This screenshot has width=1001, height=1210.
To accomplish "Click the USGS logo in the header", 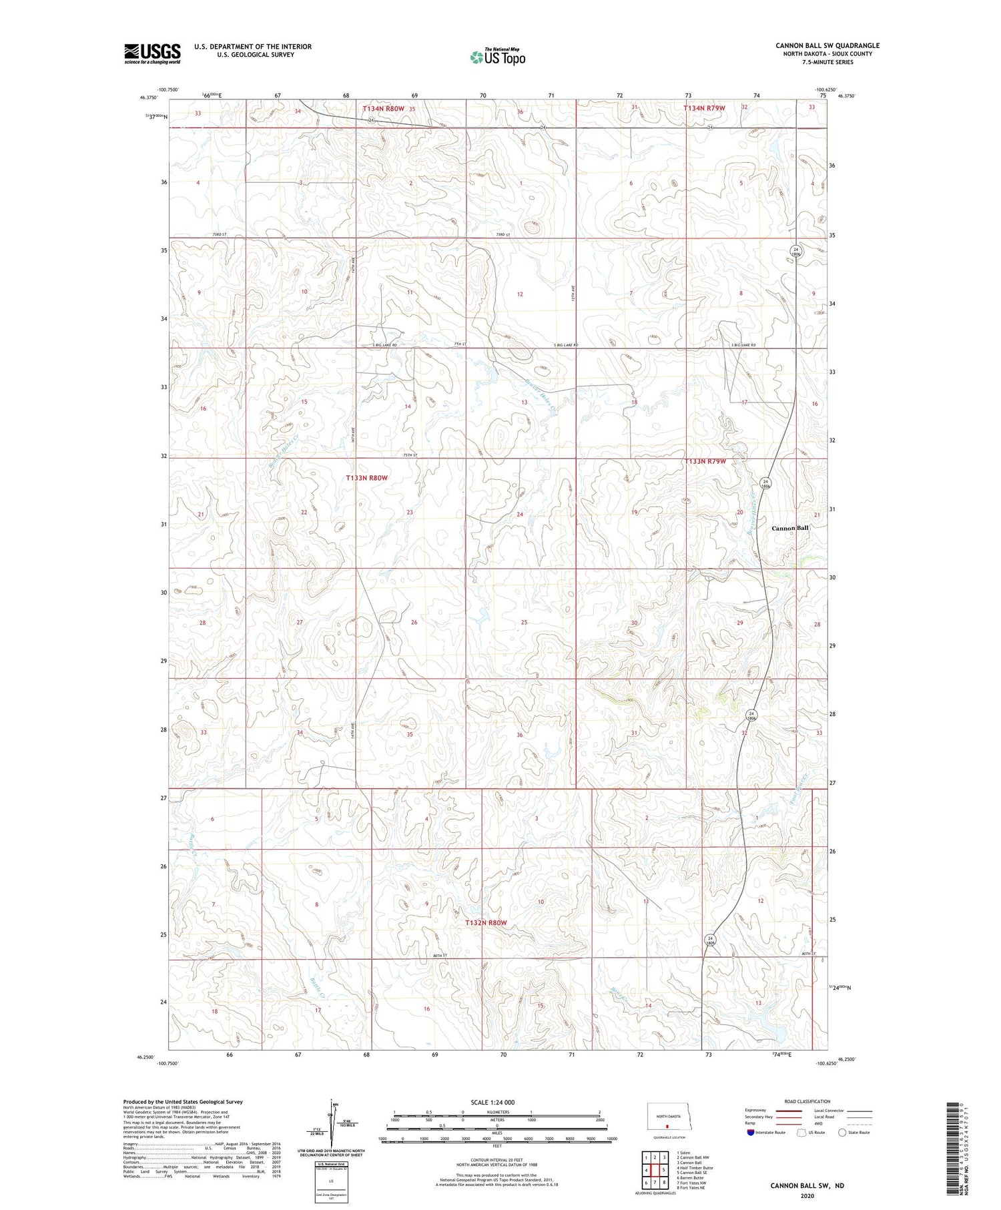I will (152, 53).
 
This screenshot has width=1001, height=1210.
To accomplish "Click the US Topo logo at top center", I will (497, 57).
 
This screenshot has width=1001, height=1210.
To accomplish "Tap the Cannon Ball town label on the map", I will (789, 528).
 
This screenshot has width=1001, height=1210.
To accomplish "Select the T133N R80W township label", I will (366, 478).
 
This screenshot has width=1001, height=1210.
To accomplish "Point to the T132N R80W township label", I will (486, 922).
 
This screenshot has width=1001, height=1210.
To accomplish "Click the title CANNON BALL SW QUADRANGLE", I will (827, 45).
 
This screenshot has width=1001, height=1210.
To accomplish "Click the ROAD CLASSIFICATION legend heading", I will (807, 1101).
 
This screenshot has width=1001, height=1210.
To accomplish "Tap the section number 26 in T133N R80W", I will (414, 622).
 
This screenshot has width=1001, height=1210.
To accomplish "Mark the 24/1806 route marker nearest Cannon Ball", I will (766, 483).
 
